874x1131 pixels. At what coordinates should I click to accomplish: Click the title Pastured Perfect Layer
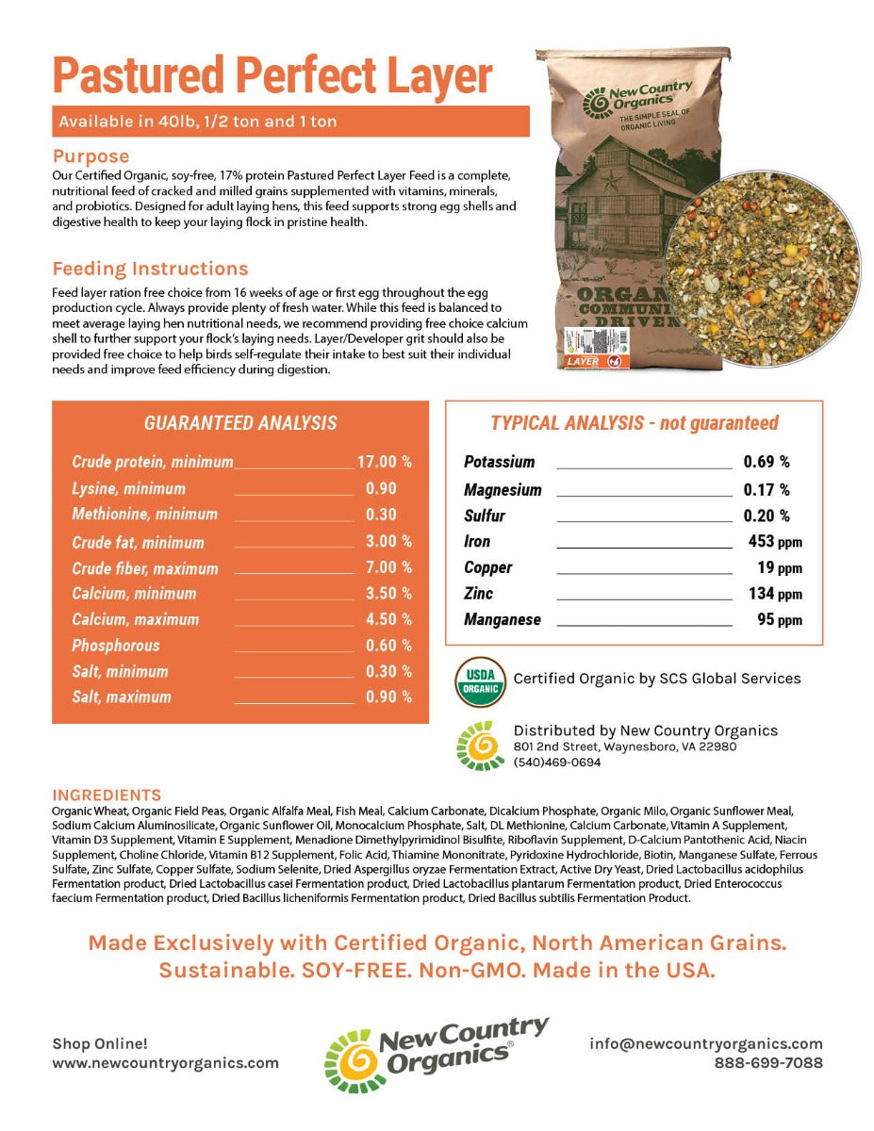tap(272, 74)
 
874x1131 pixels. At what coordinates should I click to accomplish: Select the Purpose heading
tap(91, 156)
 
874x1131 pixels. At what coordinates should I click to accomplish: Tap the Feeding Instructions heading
tap(150, 269)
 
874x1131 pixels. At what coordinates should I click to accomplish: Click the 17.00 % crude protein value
tap(384, 462)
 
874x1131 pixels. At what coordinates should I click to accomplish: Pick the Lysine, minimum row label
tap(128, 488)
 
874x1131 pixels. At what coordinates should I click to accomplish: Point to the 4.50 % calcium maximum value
tap(388, 619)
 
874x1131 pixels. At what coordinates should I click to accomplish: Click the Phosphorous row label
tap(116, 646)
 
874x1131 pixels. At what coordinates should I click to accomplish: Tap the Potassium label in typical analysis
tap(499, 462)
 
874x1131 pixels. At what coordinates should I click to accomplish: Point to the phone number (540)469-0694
tap(556, 762)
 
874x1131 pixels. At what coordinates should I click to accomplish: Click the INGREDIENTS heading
tap(107, 795)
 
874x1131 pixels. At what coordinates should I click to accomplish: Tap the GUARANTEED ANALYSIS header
tap(240, 424)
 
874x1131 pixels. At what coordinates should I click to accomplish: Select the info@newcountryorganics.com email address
tap(706, 1043)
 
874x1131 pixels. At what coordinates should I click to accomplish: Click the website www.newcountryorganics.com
tap(166, 1062)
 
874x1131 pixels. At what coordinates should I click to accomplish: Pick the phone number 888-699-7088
tap(768, 1062)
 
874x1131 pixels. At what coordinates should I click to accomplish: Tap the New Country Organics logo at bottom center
tap(437, 1054)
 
